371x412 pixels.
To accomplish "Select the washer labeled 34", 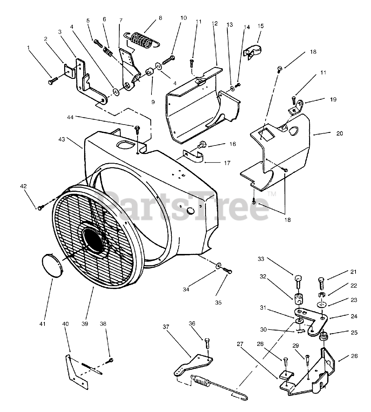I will (219, 266).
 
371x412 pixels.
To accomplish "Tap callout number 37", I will (166, 327).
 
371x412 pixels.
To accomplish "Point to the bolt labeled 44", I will (138, 130).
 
